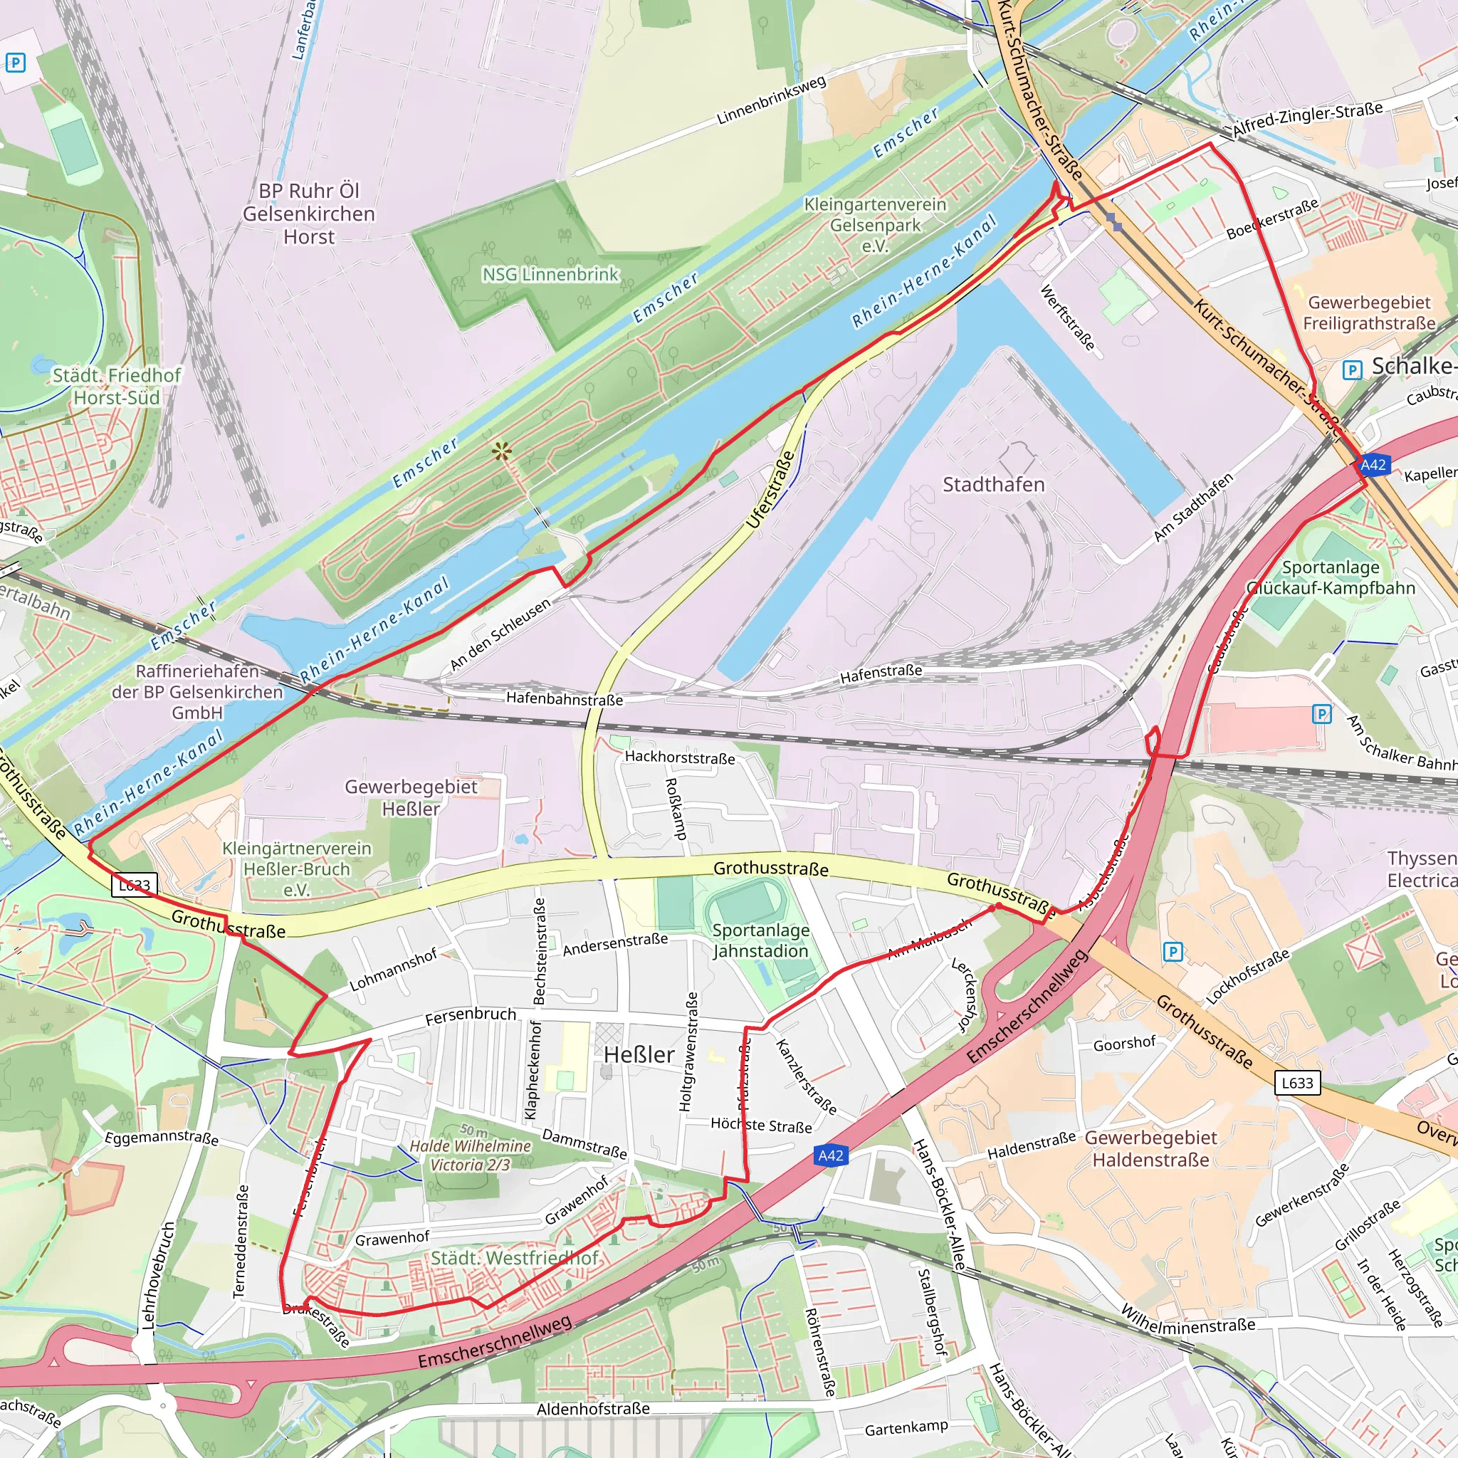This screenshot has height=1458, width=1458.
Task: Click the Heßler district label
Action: [639, 1054]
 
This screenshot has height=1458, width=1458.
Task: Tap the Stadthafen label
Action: [993, 485]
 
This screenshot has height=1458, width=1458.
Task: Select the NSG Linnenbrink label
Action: [550, 275]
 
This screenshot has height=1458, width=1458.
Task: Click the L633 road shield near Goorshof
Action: [1297, 1083]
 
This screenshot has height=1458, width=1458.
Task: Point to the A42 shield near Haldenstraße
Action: [830, 1155]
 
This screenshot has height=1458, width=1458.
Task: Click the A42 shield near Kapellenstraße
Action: [1373, 465]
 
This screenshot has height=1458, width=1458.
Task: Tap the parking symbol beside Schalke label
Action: [1353, 369]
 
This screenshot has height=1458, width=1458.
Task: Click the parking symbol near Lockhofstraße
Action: [1173, 952]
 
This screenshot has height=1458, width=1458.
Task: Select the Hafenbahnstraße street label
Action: [565, 699]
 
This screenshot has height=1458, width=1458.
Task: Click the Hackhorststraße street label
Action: [679, 757]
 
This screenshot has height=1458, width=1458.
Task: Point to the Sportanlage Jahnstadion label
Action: [761, 940]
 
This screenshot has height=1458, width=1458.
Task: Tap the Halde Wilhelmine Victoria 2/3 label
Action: [470, 1155]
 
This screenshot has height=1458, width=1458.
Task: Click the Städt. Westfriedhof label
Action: [514, 1258]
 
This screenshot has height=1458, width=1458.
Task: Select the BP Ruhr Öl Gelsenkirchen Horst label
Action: [309, 214]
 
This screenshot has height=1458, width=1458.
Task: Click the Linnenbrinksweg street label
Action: [770, 100]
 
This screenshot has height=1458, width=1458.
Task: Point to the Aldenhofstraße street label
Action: [592, 1409]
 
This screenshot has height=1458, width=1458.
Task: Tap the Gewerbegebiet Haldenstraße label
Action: [1151, 1148]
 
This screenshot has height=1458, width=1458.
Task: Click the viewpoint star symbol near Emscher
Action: [502, 452]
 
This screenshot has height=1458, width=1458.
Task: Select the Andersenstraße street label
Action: [615, 944]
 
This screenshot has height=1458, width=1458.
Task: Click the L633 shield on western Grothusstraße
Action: [135, 885]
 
